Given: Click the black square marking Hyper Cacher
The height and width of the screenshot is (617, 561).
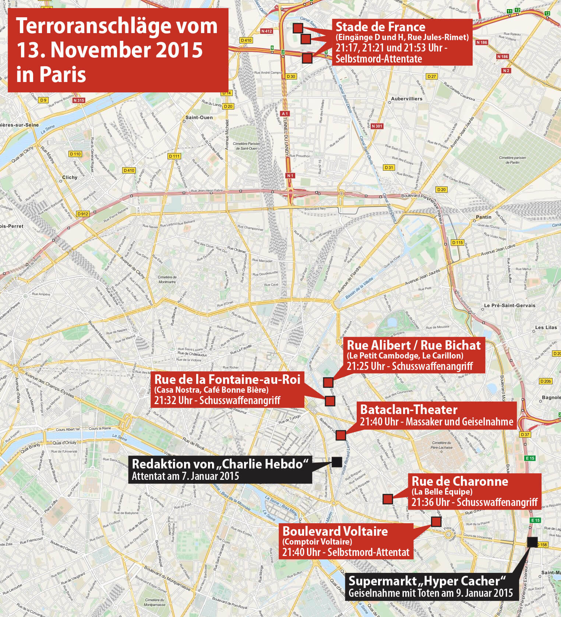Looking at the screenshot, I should (x=532, y=542).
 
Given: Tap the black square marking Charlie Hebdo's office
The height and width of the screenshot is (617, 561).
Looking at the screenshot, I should (x=336, y=462).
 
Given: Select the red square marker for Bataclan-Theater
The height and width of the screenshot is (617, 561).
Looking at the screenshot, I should (x=341, y=435).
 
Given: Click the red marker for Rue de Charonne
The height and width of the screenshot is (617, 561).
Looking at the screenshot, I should (x=388, y=499).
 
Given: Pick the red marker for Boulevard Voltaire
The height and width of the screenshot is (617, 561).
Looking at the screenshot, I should (x=436, y=521).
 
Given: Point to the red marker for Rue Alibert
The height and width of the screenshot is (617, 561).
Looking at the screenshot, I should (x=328, y=382).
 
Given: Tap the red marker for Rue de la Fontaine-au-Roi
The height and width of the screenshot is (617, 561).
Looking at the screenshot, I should (x=330, y=401).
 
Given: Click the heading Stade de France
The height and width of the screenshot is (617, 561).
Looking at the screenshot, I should (x=380, y=27).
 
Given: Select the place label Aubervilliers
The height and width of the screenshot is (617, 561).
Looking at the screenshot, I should (x=406, y=99).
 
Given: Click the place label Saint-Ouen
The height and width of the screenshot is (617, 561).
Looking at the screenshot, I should (x=199, y=117).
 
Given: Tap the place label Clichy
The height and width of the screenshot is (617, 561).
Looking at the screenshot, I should (x=70, y=177).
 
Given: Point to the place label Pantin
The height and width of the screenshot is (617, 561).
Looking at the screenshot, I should (x=483, y=217).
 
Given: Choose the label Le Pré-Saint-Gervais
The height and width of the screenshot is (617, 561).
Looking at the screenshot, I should (x=509, y=306).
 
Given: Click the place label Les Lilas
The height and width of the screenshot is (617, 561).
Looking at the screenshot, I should (x=546, y=327).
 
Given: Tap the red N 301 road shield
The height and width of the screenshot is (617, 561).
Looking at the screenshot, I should (x=377, y=126).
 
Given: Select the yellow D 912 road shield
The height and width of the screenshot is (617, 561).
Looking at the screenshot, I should (x=83, y=214).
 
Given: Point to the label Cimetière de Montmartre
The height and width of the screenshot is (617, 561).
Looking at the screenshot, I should (x=167, y=279).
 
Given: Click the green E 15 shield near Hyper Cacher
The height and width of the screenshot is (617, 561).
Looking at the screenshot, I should (x=535, y=520).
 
